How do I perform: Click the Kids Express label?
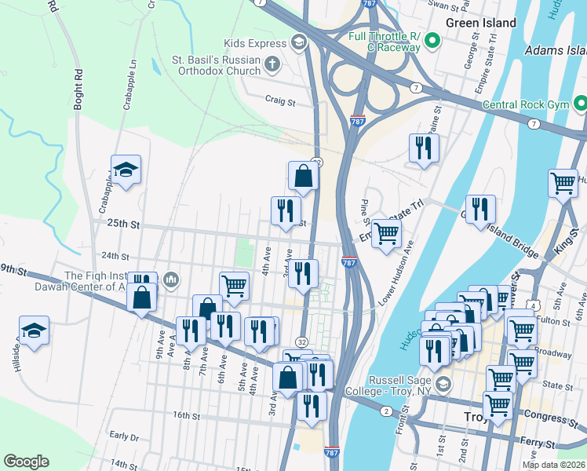pos(252,42)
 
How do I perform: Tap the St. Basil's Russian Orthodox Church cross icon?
pos(272,64)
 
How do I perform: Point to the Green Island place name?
pos(480,23)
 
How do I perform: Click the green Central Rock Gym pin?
pos(580,104)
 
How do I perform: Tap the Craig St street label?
pos(280,101)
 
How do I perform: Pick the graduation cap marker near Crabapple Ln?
pos(126,171)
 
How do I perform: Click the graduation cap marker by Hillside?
pos(35,331)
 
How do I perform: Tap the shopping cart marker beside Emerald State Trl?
pos(385,234)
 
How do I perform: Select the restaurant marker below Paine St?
pos(424,148)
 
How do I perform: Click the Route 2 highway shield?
pos(385,411)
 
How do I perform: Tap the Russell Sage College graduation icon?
pos(443,384)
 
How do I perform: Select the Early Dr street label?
pos(124,436)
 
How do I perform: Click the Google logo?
pos(26,462)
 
